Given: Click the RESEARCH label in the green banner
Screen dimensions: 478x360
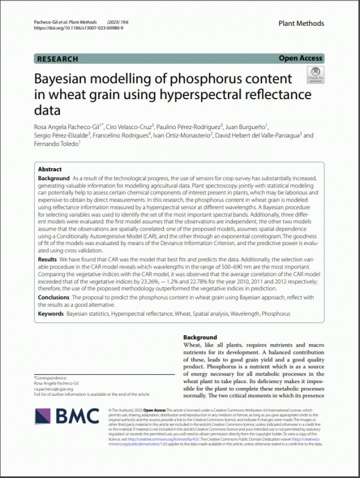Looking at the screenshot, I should tap(58, 59).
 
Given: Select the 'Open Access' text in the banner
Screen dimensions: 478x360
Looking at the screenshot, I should tap(301, 58).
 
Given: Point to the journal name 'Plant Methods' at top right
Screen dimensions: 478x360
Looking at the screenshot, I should tap(301, 23).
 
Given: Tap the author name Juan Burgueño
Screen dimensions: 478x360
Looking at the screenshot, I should tap(248, 126).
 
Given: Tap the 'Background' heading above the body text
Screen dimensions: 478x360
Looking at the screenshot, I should tap(200, 337).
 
